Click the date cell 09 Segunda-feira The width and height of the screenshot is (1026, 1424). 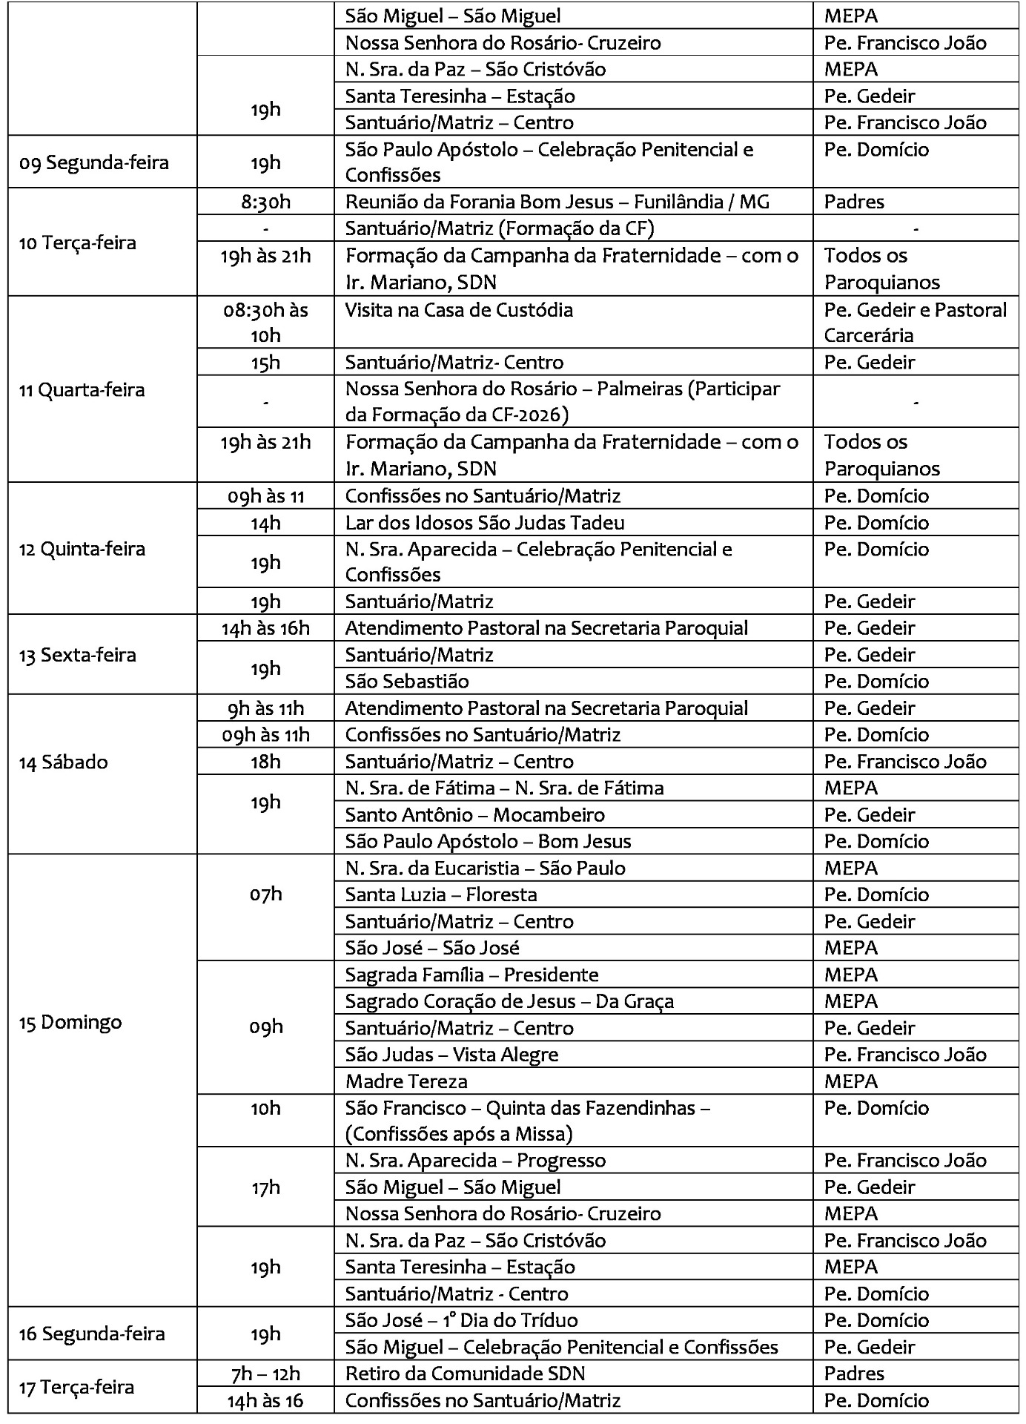pos(94,162)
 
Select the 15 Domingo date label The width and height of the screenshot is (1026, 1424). pos(70,1022)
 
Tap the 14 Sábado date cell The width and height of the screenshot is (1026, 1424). pos(63,762)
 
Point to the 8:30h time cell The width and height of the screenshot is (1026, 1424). pos(265,202)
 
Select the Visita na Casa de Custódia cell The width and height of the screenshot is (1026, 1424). pos(459,310)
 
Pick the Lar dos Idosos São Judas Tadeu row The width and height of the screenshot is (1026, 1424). pos(485,523)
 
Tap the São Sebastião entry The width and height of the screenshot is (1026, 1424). pos(407,682)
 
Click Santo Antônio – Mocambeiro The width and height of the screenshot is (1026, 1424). pos(474,815)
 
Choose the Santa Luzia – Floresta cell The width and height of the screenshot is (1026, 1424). pos(441,895)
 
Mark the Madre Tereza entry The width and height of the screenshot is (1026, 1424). pos(406,1081)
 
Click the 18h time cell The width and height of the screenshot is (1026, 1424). pos(265,762)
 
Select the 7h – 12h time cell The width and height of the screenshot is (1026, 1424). pos(265,1374)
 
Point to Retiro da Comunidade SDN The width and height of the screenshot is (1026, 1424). pos(465,1374)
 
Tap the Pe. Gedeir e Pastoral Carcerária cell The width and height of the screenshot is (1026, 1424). pos(915,323)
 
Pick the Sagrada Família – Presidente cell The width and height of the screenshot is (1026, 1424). pos(471,975)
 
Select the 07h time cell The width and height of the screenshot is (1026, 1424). pos(265,894)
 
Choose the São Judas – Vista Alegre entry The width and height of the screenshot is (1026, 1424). pos(451,1055)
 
